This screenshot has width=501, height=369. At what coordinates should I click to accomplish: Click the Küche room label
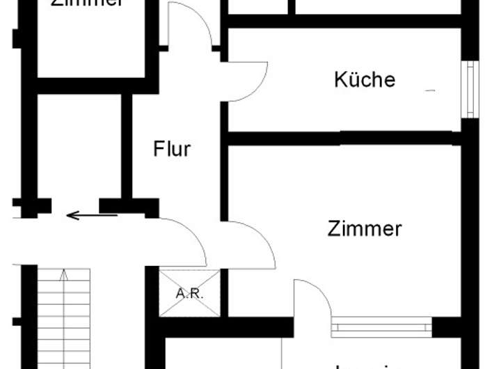point(365,79)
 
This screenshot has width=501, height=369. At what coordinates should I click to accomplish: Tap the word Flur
point(172,148)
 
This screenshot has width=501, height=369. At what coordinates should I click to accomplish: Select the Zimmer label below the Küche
point(365,228)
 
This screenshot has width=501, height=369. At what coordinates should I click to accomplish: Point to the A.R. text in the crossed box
point(189,293)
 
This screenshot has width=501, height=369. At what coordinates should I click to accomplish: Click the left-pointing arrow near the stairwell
point(91,215)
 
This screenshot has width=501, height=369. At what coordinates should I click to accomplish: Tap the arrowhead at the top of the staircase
point(64,274)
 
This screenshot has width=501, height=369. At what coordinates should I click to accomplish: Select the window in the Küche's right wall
point(471,89)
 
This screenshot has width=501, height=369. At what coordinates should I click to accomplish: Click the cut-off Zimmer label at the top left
point(88,3)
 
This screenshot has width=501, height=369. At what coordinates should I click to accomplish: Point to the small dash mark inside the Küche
point(430,90)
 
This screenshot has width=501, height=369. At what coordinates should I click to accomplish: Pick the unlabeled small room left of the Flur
point(79,146)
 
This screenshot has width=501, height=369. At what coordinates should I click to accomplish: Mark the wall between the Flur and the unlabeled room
point(127,146)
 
